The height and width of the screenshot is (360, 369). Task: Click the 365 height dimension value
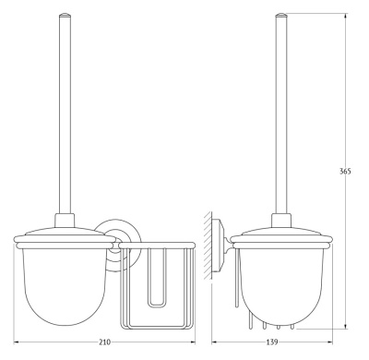(x=345, y=172)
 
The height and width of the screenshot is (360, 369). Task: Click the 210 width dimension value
(x=104, y=342)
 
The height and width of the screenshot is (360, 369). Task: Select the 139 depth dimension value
(x=272, y=342)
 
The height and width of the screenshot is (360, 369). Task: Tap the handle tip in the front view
(x=65, y=14)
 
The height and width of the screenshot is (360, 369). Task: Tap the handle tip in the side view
(x=281, y=14)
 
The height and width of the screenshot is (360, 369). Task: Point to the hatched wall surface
(x=207, y=246)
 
